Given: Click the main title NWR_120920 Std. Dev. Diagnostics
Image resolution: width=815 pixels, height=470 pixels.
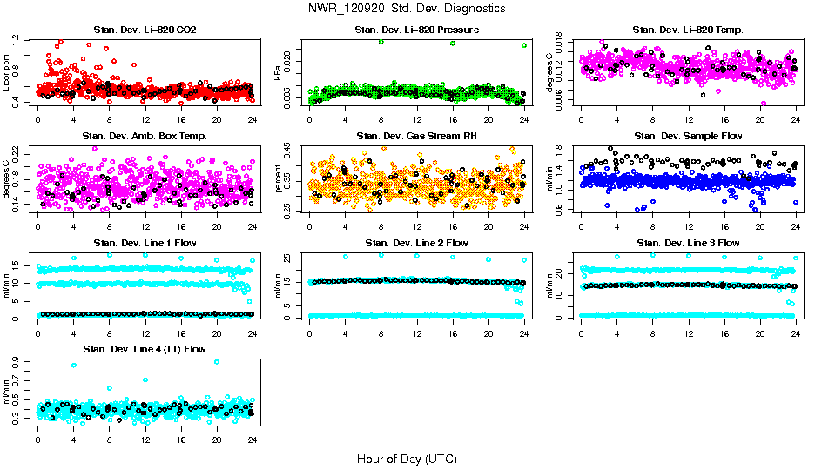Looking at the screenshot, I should click(407, 8).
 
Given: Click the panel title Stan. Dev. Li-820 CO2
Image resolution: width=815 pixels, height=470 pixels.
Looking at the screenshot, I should click(145, 30).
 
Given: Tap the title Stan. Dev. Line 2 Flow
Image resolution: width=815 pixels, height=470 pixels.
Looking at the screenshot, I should click(416, 243).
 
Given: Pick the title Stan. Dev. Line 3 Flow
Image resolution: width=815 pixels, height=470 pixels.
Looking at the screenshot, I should click(688, 243).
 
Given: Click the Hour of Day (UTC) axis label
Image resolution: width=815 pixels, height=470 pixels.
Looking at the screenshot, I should click(407, 459).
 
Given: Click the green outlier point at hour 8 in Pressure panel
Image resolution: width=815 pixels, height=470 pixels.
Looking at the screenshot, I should click(381, 42).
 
